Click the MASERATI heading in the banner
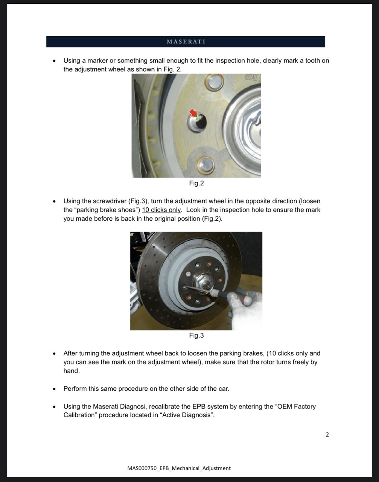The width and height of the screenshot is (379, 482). (186, 41)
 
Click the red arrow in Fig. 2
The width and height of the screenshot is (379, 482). (193, 113)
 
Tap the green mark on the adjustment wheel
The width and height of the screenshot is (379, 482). (198, 118)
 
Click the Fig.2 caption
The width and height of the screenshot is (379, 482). (196, 183)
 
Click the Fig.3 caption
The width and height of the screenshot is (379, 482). (196, 335)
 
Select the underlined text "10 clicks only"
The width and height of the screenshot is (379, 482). (161, 210)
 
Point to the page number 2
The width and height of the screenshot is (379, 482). (327, 435)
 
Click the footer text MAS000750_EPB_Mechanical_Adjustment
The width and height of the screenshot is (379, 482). (179, 468)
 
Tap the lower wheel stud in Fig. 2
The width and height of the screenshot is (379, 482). (205, 166)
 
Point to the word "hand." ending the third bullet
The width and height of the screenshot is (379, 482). (72, 371)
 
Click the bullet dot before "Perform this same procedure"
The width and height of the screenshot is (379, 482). (54, 389)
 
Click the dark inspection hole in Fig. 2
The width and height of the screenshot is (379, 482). (201, 121)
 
